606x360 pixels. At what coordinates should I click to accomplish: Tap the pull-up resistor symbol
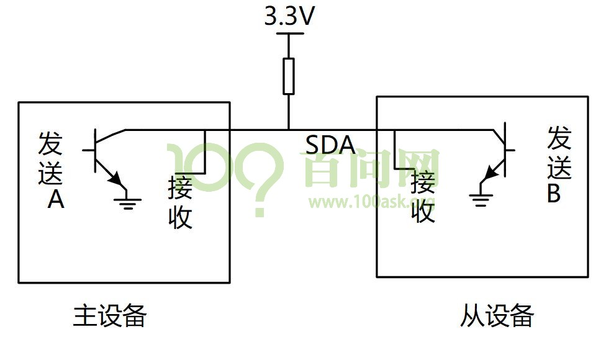(x=289, y=76)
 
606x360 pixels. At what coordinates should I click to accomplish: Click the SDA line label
(x=330, y=145)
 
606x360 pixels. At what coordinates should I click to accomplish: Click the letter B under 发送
(x=554, y=194)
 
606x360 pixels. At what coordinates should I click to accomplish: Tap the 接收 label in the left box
(x=181, y=203)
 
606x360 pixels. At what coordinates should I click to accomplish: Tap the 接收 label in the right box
(x=423, y=197)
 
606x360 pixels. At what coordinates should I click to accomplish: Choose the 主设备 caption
(x=110, y=316)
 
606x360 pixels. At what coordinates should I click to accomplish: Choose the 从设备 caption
(x=497, y=316)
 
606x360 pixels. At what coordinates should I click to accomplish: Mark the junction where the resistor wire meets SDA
(x=289, y=130)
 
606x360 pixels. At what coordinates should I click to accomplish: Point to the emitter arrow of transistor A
(x=115, y=179)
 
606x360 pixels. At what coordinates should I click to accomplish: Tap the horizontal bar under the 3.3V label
(x=289, y=34)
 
